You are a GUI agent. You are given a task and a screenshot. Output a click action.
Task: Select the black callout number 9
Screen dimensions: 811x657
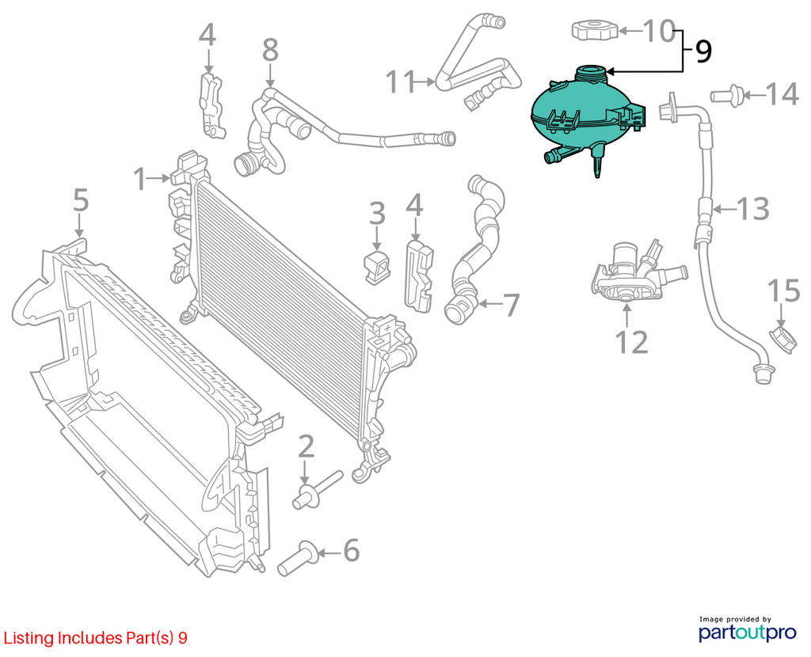click(x=703, y=51)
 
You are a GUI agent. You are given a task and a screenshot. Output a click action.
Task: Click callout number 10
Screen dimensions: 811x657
click(x=658, y=31)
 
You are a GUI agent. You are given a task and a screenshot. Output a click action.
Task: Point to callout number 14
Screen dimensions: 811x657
click(x=782, y=95)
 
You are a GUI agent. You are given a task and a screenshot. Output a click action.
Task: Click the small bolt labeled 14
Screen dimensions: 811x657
click(x=727, y=95)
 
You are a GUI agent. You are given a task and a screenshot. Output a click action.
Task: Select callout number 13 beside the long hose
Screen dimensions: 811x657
click(x=752, y=209)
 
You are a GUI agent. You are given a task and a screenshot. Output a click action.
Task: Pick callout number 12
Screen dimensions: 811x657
click(x=631, y=342)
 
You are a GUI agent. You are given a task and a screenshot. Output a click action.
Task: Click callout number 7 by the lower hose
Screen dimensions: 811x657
click(x=511, y=305)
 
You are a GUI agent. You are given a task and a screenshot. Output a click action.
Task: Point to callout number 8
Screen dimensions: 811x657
click(x=271, y=50)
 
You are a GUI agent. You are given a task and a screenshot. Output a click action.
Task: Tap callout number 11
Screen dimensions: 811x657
click(x=402, y=82)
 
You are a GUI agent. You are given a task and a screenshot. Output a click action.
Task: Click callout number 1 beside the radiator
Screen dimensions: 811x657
click(x=139, y=178)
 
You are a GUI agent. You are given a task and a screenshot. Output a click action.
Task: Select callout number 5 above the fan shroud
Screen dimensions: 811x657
click(x=81, y=200)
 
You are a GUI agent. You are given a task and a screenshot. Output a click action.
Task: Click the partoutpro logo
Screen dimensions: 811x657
click(x=748, y=629)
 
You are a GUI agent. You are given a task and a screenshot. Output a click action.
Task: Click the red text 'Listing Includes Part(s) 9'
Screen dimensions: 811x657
click(x=96, y=638)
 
